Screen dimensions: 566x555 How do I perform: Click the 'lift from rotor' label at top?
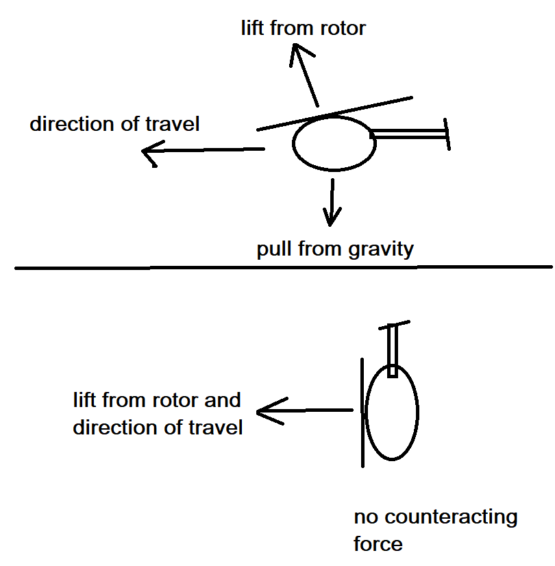click(304, 28)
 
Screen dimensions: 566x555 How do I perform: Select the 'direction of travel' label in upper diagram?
click(114, 124)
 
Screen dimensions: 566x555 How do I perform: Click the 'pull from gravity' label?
click(335, 248)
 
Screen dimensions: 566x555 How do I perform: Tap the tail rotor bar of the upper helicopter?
click(447, 133)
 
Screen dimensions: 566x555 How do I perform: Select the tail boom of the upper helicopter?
click(408, 135)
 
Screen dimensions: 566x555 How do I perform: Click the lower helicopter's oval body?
click(392, 412)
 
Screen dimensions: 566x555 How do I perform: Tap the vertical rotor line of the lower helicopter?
click(362, 411)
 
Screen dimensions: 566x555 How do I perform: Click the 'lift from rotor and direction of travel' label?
click(158, 413)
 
